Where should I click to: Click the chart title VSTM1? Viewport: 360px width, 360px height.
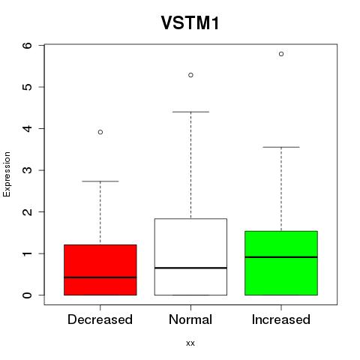(190, 23)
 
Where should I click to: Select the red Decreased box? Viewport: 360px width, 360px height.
(100, 270)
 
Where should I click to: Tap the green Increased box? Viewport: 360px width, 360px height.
(281, 263)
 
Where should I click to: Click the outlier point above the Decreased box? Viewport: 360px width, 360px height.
(100, 132)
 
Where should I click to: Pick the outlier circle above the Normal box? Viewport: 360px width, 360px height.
(190, 75)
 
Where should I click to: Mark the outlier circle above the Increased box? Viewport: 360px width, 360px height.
(281, 54)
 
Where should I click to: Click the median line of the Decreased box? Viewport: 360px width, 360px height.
(100, 277)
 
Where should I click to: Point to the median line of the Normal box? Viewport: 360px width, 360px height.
(190, 268)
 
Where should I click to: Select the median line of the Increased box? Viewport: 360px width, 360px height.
(281, 257)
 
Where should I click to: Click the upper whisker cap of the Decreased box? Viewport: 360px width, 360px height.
(100, 181)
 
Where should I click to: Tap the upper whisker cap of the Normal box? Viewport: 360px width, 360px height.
(190, 112)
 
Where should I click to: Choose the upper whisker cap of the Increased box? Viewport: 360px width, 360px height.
(281, 147)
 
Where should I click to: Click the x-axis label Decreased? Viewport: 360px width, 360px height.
(100, 319)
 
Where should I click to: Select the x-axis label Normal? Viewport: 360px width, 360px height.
(190, 319)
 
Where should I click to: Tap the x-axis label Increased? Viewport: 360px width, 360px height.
(281, 319)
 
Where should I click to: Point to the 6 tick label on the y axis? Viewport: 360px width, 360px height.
(27, 45)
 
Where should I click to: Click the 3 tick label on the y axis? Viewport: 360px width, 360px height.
(27, 170)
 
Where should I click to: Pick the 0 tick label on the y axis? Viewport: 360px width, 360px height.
(27, 295)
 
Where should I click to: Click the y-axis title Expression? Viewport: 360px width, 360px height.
(7, 174)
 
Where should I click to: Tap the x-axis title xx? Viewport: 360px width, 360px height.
(190, 343)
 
